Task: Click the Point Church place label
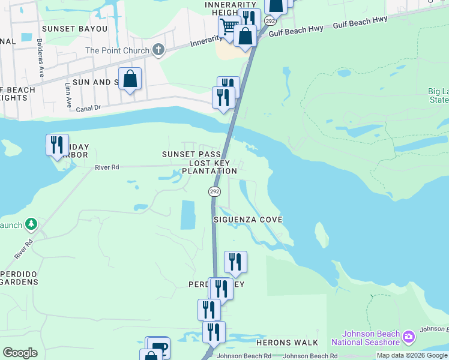tap(117, 50)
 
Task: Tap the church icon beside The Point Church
tap(158, 50)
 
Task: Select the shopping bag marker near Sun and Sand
tap(130, 79)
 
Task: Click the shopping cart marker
tap(229, 27)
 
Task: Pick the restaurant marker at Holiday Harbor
tap(57, 145)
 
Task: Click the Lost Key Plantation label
tap(209, 167)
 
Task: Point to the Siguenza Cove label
tap(248, 220)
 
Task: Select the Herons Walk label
tap(287, 343)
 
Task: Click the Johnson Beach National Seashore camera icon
tap(409, 335)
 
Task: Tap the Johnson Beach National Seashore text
tap(371, 338)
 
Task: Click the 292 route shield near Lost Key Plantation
tap(215, 191)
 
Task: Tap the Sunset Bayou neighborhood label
tap(74, 29)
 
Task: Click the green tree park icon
tap(31, 225)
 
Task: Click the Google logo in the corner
tap(20, 352)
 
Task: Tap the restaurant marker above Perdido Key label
tap(235, 262)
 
